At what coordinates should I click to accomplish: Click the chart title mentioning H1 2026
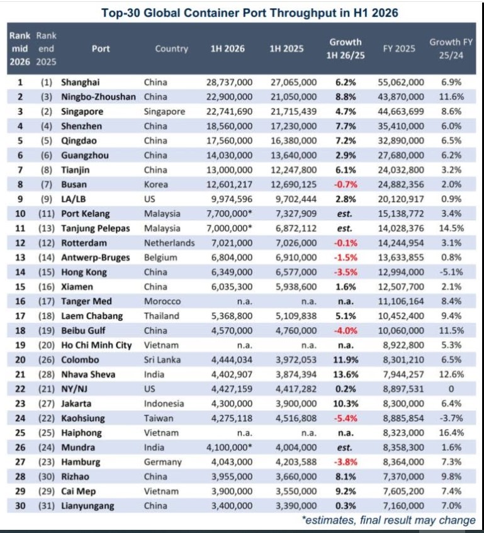(250, 13)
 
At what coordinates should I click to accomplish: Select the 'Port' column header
(101, 48)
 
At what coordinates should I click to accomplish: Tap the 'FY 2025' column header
(399, 48)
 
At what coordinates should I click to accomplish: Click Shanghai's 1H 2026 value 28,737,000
(230, 82)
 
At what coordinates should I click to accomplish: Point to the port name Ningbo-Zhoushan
(98, 97)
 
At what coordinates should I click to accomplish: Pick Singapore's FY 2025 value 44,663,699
(401, 111)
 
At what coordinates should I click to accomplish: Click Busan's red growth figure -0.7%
(346, 184)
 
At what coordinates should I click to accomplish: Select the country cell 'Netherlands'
(169, 243)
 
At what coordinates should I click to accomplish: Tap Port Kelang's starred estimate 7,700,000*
(230, 214)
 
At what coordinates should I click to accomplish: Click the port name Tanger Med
(86, 301)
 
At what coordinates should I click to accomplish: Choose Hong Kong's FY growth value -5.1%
(451, 272)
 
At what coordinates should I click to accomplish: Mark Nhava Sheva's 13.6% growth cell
(346, 374)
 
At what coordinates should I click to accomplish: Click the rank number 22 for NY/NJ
(20, 390)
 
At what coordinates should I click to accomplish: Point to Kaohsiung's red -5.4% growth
(346, 418)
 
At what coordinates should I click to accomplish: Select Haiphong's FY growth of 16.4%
(451, 433)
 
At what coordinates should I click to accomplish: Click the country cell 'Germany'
(163, 463)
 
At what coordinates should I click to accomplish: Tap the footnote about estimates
(388, 520)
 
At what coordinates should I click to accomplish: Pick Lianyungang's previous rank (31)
(47, 506)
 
